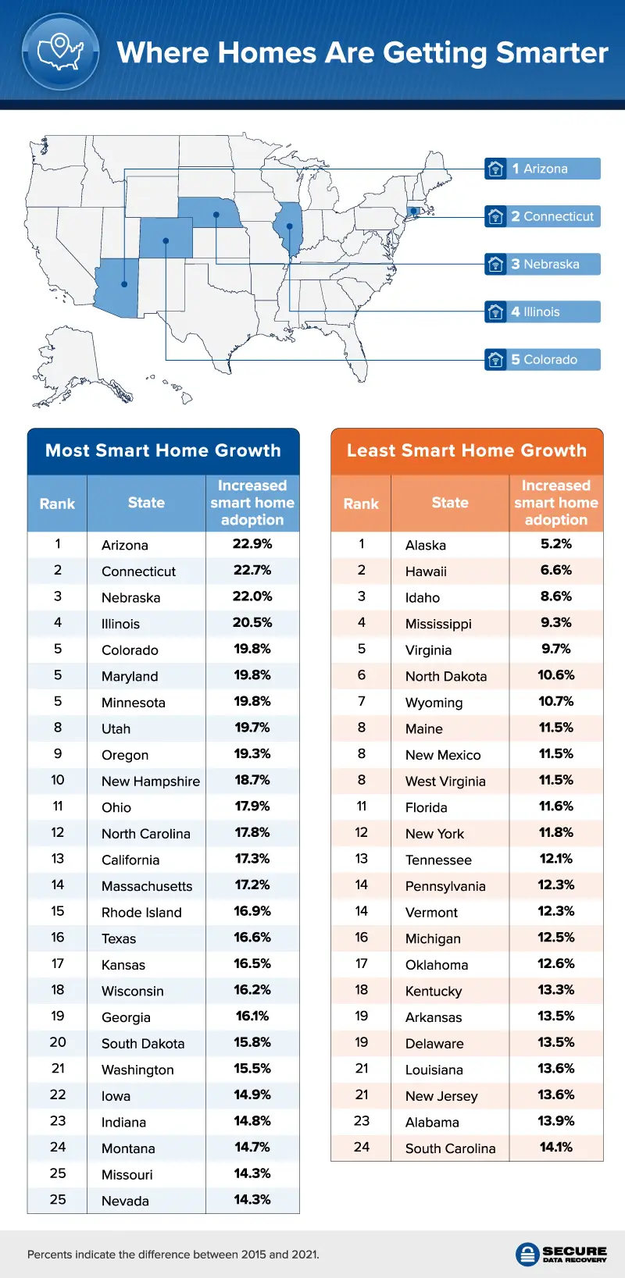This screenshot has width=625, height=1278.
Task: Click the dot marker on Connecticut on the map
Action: point(413,211)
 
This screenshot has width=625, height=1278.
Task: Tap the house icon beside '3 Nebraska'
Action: point(495,265)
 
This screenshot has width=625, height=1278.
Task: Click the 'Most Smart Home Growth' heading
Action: point(163,450)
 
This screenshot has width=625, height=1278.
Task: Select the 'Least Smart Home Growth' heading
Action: point(466,450)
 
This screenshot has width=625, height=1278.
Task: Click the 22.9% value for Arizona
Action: point(252,544)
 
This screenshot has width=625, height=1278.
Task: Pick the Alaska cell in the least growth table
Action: point(426,545)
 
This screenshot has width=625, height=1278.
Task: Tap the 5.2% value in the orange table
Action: point(556,544)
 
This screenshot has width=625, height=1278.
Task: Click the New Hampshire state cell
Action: point(151,781)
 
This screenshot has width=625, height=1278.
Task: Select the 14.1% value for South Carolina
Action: point(556,1147)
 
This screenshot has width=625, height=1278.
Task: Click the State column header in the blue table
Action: point(146,503)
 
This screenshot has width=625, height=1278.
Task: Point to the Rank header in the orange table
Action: point(361,504)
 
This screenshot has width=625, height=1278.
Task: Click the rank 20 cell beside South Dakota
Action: point(58,1042)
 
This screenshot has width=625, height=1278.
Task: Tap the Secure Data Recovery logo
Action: point(562,1254)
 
